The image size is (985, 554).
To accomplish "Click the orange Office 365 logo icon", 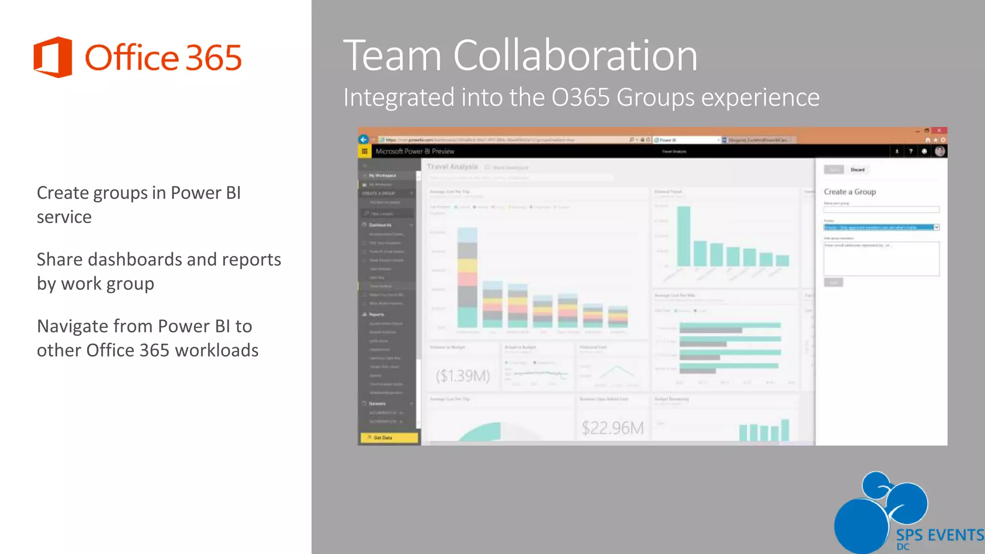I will pos(53,57).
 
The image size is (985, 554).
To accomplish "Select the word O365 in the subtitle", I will pos(581,98).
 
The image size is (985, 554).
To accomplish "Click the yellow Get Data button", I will pos(389,438).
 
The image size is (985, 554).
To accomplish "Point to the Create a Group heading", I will pos(850,191).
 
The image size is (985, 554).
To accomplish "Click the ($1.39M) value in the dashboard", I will pos(463,376).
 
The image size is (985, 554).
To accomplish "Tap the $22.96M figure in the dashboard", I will pos(612,428).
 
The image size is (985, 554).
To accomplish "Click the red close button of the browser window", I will pos(939,130).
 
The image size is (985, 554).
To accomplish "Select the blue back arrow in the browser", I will pos(364,139).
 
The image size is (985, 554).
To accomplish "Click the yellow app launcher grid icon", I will pos(365,151).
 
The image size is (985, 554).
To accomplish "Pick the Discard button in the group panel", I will pos(858,170).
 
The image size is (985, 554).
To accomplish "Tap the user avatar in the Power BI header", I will pos(940,151).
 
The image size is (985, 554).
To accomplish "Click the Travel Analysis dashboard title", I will pos(452,167).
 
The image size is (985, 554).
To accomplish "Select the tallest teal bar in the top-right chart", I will pos(683,236).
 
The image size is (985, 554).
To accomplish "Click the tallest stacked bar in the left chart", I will pos(467,277).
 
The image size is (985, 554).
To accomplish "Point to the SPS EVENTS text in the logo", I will pos(940,535).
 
